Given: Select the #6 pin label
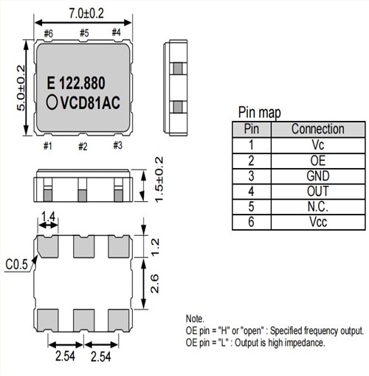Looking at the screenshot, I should pos(48,32).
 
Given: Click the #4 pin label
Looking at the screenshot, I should pos(116,32).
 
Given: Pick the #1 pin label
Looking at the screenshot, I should pos(48,146).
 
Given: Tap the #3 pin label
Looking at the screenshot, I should pos(117,145).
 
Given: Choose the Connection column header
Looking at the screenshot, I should pos(317,129).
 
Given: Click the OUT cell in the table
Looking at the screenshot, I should pos(317,191).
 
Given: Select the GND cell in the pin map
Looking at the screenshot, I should pos(317,175).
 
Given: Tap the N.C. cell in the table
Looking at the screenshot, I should pos(317,206).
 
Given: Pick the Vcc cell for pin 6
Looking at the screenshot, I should pos(317,222).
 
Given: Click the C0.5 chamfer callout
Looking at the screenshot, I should pos(17,262).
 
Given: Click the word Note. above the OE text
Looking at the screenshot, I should pos(196,318).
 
